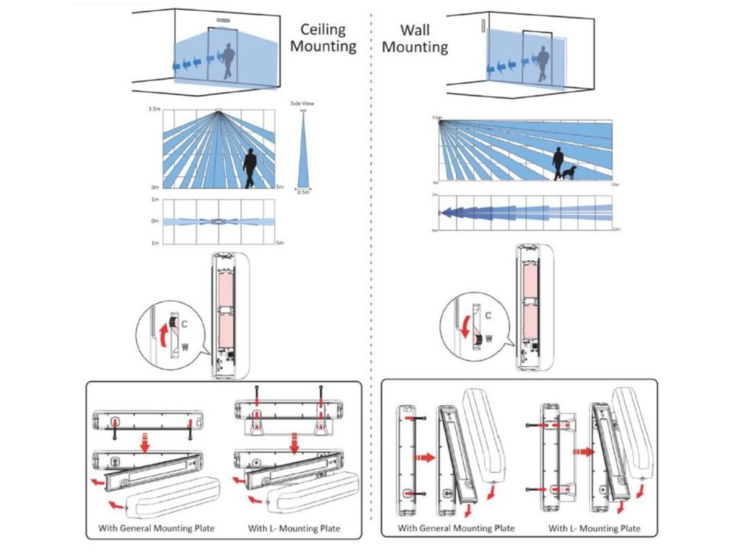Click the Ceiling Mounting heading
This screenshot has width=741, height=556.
coord(329,38)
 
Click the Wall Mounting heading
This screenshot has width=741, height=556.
coord(415,39)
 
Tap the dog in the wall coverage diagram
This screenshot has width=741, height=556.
coord(570,173)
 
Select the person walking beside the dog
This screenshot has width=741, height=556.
coord(559,164)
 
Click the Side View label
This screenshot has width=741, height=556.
coord(302,104)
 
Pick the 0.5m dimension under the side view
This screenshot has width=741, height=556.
coord(304,193)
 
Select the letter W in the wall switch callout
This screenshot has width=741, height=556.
coord(489,337)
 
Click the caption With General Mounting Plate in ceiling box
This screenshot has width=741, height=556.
coord(156,528)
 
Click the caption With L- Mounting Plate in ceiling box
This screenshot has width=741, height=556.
coord(294,528)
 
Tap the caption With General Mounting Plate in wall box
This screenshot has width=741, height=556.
coord(456,528)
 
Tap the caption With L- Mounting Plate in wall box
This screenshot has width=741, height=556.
coord(594,528)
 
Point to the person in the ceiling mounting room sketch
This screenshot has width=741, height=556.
coord(229,61)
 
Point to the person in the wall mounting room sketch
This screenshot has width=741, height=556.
coord(541,62)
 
